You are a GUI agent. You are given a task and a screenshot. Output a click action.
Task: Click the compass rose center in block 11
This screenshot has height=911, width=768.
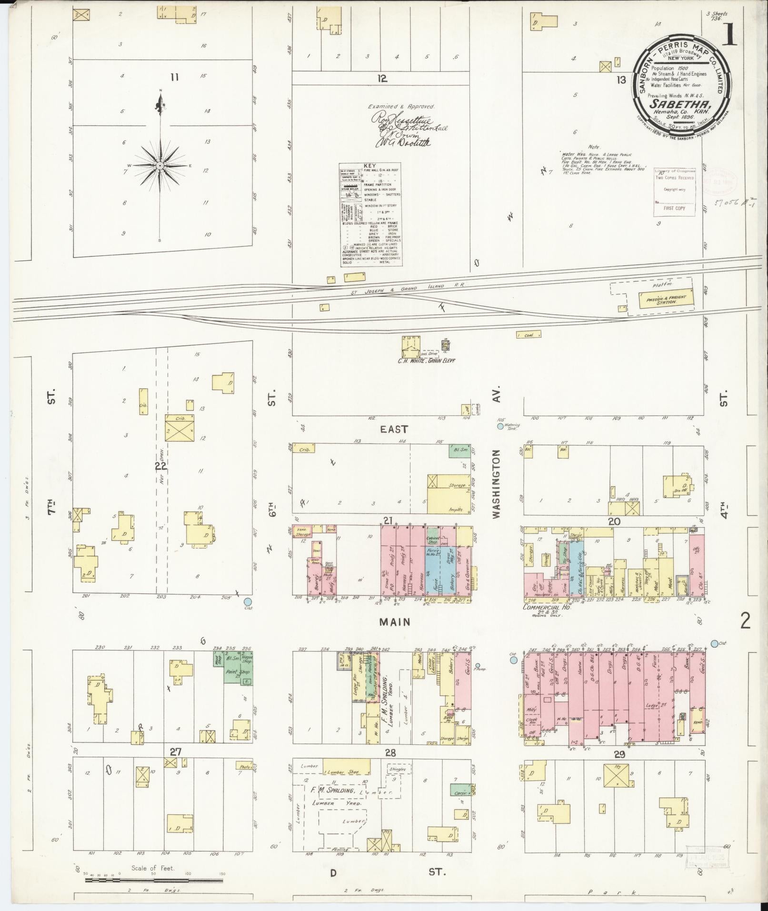coord(160,165)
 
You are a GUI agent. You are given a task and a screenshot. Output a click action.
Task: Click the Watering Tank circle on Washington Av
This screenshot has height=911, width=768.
coord(500,427)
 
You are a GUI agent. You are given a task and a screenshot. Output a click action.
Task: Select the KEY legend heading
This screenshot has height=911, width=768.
coord(369,166)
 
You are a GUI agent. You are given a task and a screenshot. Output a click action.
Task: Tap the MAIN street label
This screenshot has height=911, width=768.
coord(395,622)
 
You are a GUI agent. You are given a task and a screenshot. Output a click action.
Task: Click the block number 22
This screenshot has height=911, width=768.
coord(160,466)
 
